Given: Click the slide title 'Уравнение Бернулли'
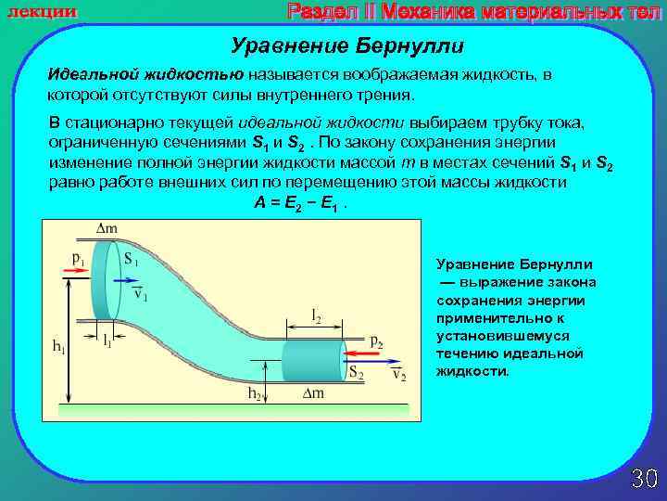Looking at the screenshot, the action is (x=346, y=45).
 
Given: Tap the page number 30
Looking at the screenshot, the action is (x=644, y=479).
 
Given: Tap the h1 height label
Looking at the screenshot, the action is (x=57, y=348).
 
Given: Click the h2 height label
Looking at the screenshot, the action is (x=254, y=393).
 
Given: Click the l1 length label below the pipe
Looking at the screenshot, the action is (x=107, y=340).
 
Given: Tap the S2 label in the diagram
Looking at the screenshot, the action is (x=355, y=372).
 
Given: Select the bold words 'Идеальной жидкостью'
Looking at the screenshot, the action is (x=146, y=73).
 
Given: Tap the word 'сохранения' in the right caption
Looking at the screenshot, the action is (x=472, y=300).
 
